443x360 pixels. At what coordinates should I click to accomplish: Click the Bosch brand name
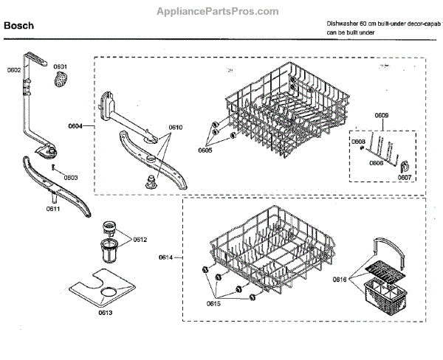[x=20, y=27]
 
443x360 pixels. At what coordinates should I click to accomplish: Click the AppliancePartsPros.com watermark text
[x=219, y=11]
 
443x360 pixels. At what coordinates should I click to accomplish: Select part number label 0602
[x=15, y=70]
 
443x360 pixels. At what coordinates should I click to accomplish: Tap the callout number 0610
[x=175, y=127]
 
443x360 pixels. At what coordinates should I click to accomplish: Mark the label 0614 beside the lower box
[x=166, y=257]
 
